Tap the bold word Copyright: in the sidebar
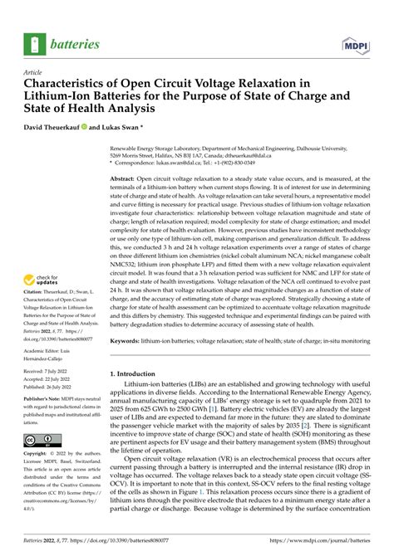42,455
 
